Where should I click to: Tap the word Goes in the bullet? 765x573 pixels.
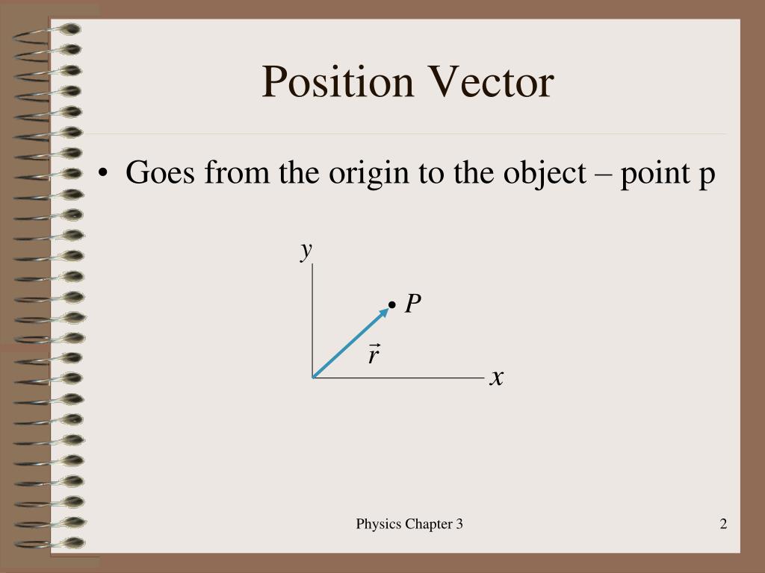[x=161, y=173]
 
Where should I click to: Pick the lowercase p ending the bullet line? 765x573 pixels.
[x=707, y=176]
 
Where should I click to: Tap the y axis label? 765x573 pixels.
[x=306, y=250]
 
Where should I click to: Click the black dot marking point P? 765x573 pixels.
[x=392, y=305]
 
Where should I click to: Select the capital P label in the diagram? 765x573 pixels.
[x=413, y=304]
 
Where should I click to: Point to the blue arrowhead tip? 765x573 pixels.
[x=387, y=309]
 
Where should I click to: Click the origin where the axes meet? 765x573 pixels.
[x=314, y=378]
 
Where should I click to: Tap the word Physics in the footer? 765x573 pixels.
[x=380, y=524]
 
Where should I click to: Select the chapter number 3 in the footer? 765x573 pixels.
[x=459, y=524]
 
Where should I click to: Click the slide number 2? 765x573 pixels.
[x=723, y=524]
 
